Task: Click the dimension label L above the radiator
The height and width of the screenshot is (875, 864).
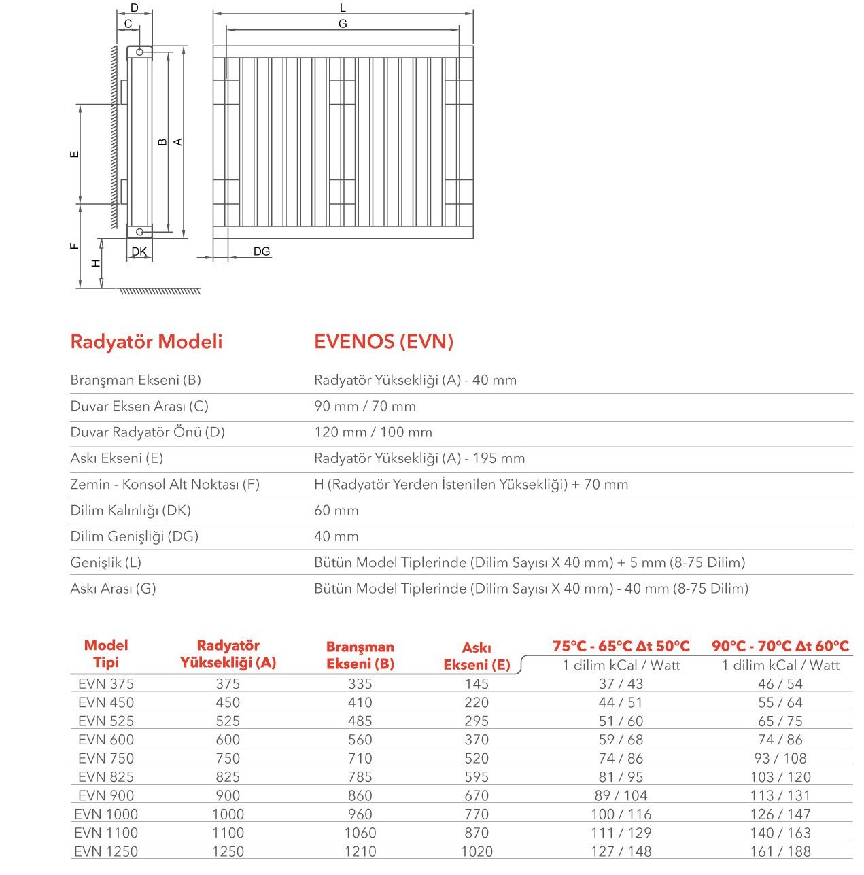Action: tap(343, 7)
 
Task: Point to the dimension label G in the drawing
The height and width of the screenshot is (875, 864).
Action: tap(343, 24)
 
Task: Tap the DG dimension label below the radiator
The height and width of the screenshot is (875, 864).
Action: tap(262, 252)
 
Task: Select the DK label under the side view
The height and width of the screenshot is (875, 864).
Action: tap(139, 252)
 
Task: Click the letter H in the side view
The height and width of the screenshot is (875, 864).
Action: tap(97, 262)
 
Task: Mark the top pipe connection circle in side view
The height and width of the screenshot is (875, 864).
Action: tap(139, 52)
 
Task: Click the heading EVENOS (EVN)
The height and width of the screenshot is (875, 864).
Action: tap(383, 341)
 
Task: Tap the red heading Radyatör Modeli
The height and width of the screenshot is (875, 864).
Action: tap(146, 341)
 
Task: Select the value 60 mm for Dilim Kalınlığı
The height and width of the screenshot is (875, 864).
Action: tap(336, 511)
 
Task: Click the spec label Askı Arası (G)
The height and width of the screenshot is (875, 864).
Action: tap(113, 588)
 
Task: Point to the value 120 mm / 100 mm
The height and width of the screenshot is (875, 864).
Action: tap(373, 432)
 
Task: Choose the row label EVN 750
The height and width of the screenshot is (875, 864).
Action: tap(106, 758)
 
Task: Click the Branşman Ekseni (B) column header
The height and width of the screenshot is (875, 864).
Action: tap(360, 655)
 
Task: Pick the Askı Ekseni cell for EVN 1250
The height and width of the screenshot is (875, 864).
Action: tap(477, 851)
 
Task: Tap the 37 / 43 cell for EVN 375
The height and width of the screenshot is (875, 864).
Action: tap(621, 684)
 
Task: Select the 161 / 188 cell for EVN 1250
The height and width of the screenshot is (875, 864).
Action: tap(780, 851)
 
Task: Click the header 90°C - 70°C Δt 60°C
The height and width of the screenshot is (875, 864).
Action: tap(780, 646)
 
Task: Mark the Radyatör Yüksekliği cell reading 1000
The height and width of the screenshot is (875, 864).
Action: tap(228, 814)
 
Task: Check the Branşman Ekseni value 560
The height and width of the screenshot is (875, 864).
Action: tap(360, 740)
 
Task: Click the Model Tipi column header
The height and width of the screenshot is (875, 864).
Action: tap(106, 653)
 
